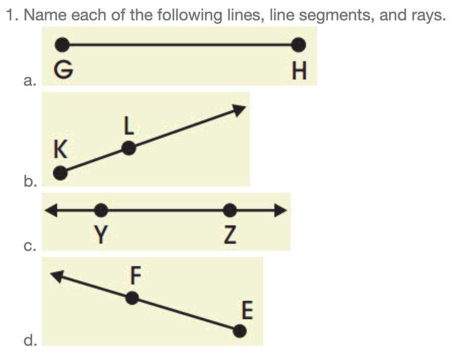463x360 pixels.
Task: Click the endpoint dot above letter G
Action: click(62, 45)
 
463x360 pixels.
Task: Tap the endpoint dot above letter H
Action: click(299, 45)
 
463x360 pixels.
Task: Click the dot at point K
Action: click(60, 173)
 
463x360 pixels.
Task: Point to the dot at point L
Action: click(129, 148)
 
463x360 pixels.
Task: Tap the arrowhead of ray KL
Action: click(240, 109)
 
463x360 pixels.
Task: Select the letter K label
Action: click(60, 150)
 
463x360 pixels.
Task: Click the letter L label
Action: click(129, 126)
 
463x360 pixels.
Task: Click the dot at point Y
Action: click(101, 210)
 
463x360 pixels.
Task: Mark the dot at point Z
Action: click(230, 210)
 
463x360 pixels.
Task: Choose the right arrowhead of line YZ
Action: click(281, 210)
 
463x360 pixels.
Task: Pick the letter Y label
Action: click(101, 235)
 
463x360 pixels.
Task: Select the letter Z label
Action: click(230, 235)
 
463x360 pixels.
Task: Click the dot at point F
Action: click(132, 298)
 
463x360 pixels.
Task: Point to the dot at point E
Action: click(239, 331)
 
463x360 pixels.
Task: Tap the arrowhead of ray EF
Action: click(57, 275)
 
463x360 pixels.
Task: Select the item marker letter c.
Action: click(30, 246)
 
